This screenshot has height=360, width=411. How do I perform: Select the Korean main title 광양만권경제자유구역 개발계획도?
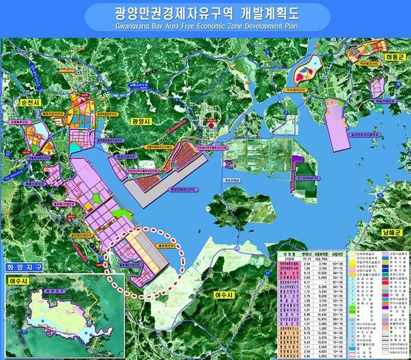(x=205, y=12)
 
